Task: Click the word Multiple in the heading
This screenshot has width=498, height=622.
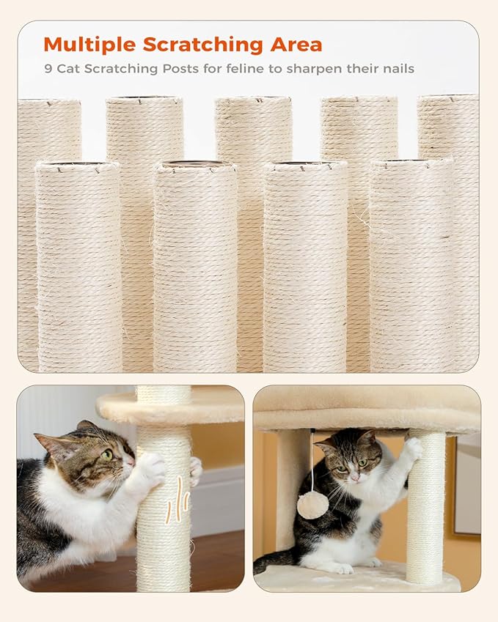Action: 89,45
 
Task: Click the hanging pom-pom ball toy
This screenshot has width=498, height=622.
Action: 312,505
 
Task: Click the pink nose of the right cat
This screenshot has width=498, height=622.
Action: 353,476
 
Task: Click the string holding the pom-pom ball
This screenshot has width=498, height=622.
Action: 312,462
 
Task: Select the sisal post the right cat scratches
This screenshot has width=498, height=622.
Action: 426,513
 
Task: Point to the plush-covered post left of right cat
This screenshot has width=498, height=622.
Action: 290,491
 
